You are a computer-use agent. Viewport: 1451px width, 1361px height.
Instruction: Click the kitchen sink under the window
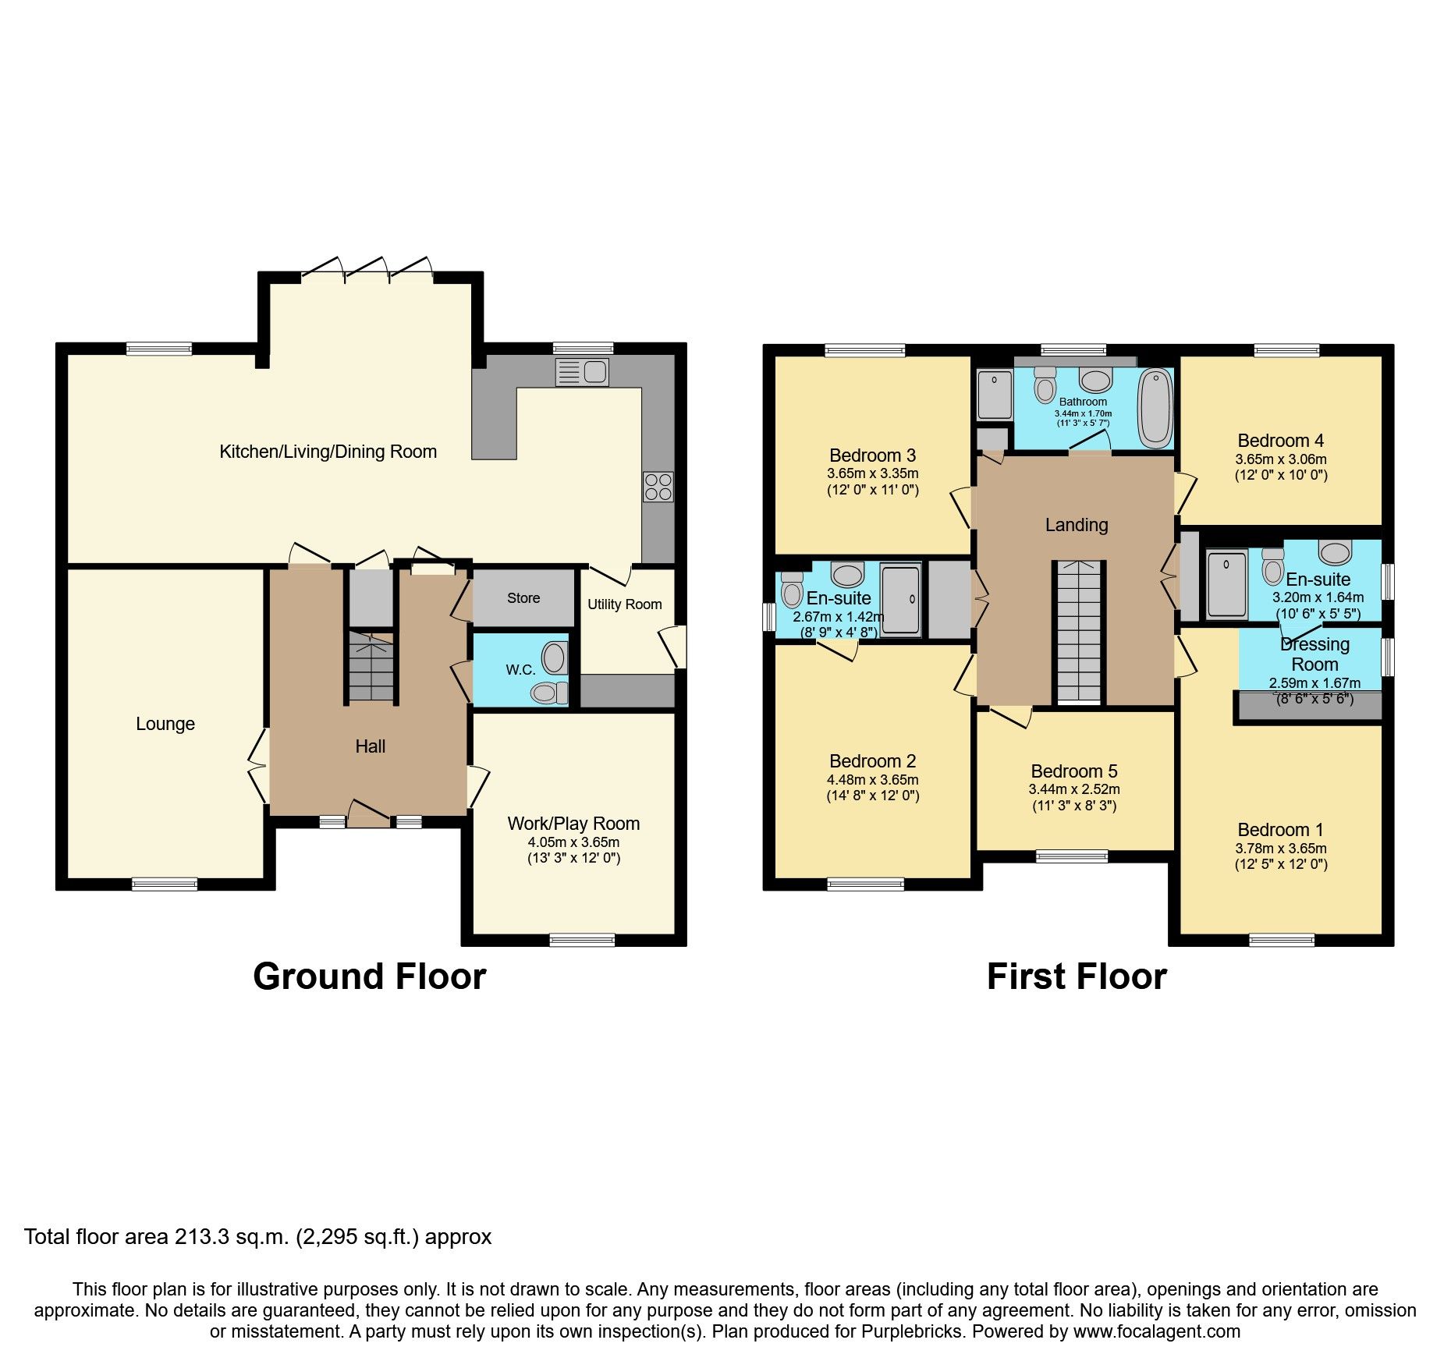(582, 372)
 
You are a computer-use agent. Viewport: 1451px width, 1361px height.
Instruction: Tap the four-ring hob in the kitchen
(658, 487)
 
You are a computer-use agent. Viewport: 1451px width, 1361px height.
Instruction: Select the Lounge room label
(165, 724)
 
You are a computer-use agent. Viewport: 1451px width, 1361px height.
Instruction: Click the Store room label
(523, 598)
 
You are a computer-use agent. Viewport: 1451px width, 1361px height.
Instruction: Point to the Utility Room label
(624, 604)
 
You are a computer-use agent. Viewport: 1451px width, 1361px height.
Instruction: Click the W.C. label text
(520, 670)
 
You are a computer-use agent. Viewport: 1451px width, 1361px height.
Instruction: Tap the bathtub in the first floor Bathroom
(1155, 408)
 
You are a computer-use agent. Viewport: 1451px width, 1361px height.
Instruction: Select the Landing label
(1077, 525)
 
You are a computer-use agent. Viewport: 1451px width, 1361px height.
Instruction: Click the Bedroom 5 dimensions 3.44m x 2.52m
(1074, 789)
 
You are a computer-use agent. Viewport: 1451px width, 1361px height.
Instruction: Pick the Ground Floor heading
(369, 977)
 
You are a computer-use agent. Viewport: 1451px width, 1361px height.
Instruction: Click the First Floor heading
(1077, 977)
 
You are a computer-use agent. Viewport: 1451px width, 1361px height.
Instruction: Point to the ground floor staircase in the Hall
(371, 668)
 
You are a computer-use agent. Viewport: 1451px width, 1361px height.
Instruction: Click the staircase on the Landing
(1080, 632)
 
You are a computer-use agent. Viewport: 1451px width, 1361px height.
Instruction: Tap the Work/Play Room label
(573, 824)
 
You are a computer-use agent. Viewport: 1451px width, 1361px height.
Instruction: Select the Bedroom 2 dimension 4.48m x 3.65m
(872, 780)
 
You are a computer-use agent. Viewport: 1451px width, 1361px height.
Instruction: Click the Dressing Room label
(1314, 654)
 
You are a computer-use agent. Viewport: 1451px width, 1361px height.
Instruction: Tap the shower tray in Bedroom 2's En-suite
(901, 600)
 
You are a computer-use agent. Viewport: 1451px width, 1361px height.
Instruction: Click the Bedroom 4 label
(1280, 441)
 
